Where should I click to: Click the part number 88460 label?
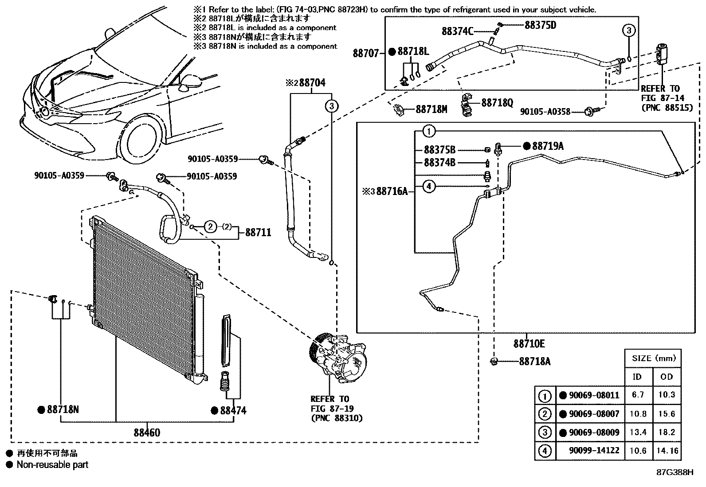pos(147,433)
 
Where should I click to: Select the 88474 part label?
pos(233,411)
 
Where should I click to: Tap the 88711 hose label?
pos(258,233)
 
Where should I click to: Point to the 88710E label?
pos(529,343)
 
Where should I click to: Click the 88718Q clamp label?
pos(498,103)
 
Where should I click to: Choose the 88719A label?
pos(548,146)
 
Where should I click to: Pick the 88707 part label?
pos(365,53)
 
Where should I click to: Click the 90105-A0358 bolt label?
pos(545,112)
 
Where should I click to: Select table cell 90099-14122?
pos(594,451)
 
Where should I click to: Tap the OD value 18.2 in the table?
pos(667,432)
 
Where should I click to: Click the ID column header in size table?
pos(637,377)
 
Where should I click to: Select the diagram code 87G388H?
pos(675,472)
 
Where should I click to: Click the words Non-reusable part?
pos(52,465)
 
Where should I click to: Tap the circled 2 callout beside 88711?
pos(211,226)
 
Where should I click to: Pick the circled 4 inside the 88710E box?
pos(429,186)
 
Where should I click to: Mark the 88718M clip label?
pos(431,109)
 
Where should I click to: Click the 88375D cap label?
pos(541,25)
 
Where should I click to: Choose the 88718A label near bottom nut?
pos(535,361)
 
